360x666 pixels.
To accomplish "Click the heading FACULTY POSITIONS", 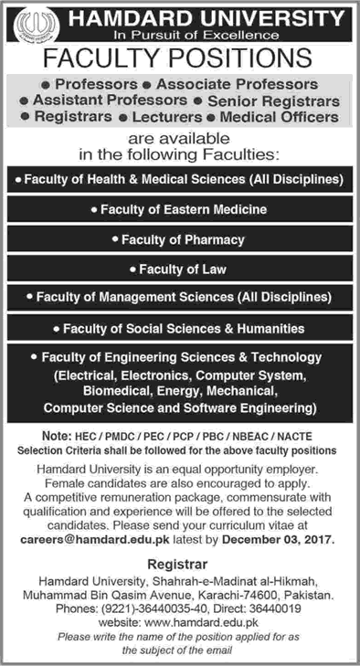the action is [x=179, y=59].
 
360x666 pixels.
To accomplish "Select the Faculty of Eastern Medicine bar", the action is [x=180, y=209].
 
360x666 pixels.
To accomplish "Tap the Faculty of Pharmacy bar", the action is [x=179, y=239].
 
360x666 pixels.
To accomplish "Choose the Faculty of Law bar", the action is [x=179, y=269].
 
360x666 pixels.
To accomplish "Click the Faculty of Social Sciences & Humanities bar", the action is [x=179, y=327].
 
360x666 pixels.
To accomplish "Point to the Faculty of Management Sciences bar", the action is [x=179, y=298].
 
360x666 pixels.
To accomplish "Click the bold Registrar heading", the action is [x=179, y=540].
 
